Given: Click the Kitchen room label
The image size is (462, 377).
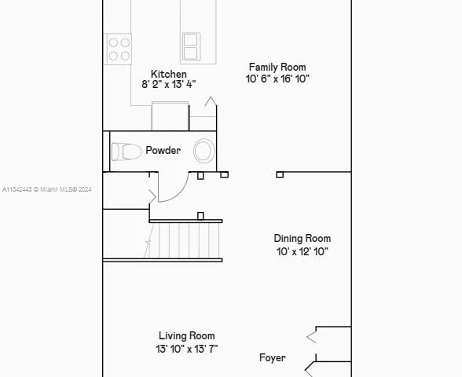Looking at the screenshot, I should (x=169, y=75).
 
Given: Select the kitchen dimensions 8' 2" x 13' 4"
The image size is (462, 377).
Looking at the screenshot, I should (x=168, y=84).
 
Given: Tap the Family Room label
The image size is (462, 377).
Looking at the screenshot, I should (x=277, y=68).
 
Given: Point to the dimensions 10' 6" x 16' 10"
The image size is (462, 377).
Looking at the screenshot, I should (x=277, y=79).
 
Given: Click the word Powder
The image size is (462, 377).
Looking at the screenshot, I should (x=163, y=151).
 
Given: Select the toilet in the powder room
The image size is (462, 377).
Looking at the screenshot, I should (x=126, y=152).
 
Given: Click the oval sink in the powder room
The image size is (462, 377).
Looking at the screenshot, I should (x=203, y=151).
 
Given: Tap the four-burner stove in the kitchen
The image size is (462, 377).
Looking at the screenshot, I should (x=119, y=49).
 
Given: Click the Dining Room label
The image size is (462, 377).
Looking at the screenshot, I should (x=302, y=239).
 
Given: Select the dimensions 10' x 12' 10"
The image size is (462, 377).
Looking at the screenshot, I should (x=302, y=251).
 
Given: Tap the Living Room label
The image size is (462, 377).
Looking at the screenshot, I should (x=186, y=336).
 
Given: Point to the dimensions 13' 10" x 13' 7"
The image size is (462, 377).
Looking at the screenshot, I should (x=186, y=348).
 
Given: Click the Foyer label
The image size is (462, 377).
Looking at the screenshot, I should (x=273, y=358).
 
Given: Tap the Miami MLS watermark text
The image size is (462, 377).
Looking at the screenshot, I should (x=47, y=189).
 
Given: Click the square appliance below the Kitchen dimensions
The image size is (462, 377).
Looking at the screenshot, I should (x=170, y=115).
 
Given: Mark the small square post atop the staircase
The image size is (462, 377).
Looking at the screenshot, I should (x=200, y=216).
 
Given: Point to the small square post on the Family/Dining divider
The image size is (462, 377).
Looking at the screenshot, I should (x=280, y=174).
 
